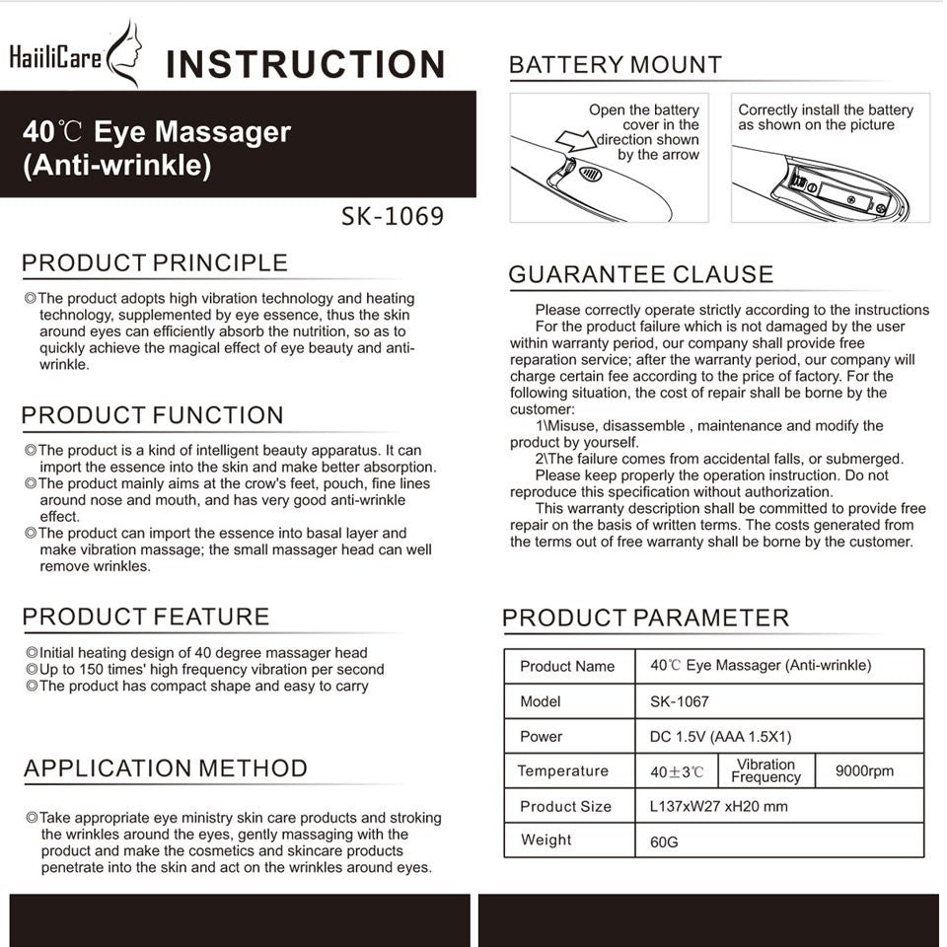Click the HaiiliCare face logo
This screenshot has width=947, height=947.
coord(125,54)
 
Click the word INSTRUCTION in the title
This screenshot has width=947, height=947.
coord(305,65)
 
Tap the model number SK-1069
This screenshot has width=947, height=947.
coord(392,216)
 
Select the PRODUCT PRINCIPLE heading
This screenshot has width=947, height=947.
coord(155,263)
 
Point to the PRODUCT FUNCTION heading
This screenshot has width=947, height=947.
coord(153,415)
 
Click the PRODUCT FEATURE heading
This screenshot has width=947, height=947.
coord(146,618)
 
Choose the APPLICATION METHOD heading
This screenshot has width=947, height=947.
coord(166,768)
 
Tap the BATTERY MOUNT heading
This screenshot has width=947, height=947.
coord(615,66)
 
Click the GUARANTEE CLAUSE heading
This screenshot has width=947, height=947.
coord(641,275)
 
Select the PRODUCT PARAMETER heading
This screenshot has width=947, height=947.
coord(645,619)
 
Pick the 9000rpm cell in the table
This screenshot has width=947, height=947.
coord(864,771)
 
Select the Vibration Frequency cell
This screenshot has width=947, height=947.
coord(765,771)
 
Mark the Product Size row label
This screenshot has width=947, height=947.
coord(566,807)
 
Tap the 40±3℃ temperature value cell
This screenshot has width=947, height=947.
coord(678,771)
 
